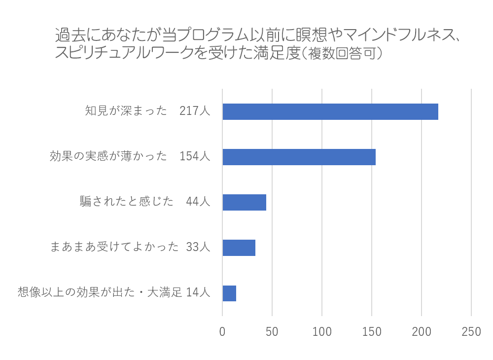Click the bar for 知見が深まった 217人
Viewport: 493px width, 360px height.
(330, 112)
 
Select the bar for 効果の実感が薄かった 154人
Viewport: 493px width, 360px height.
(299, 157)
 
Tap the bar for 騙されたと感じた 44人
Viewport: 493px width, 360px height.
(244, 202)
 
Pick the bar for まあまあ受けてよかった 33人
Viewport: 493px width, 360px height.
(239, 248)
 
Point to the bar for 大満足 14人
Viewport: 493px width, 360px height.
(229, 293)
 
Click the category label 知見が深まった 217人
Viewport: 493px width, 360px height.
(147, 111)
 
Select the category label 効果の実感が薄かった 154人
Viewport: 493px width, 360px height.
(130, 156)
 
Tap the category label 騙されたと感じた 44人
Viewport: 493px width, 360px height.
(145, 202)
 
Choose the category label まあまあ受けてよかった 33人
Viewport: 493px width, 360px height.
(130, 247)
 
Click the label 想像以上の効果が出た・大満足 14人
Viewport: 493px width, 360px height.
(114, 292)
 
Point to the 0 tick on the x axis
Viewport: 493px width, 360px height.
(222, 332)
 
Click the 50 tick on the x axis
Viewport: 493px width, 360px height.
(272, 332)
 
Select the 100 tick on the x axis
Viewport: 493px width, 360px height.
(322, 332)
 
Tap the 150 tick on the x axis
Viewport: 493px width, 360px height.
(372, 332)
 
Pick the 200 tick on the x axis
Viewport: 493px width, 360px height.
(422, 332)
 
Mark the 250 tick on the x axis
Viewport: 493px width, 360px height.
(471, 332)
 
